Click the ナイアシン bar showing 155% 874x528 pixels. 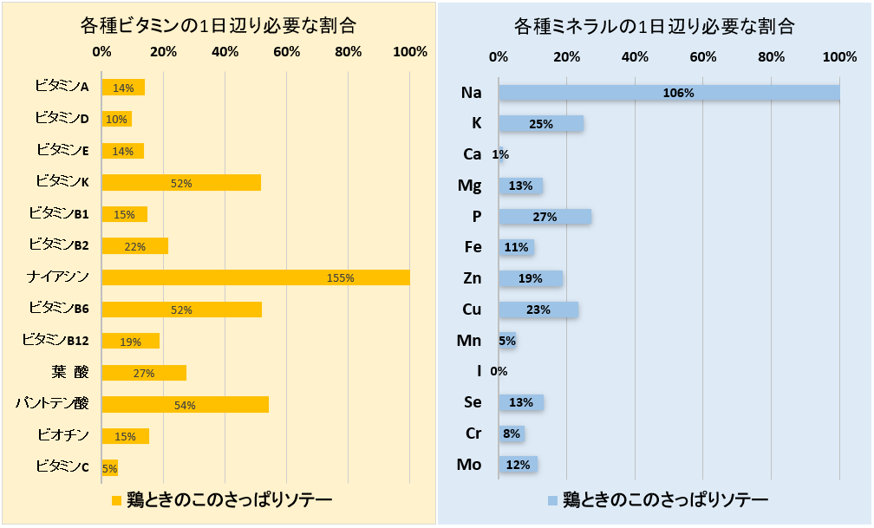[x=255, y=277]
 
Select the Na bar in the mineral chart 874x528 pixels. [x=669, y=92]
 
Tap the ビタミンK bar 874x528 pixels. [x=180, y=183]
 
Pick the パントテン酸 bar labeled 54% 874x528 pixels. [x=185, y=404]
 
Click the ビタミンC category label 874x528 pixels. [x=62, y=467]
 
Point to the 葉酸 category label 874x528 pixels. [x=69, y=373]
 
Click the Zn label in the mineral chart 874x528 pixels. [x=473, y=278]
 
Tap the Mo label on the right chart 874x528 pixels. [x=469, y=465]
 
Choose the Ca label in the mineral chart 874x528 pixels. [x=473, y=154]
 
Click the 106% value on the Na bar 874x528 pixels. [x=678, y=93]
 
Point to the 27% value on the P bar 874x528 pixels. [x=545, y=217]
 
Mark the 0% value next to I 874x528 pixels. [x=499, y=371]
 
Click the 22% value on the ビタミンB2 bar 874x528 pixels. [x=134, y=246]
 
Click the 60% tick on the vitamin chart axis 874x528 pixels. [x=287, y=52]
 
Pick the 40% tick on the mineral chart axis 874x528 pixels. [x=635, y=57]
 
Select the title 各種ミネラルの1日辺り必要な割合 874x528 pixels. [x=654, y=26]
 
